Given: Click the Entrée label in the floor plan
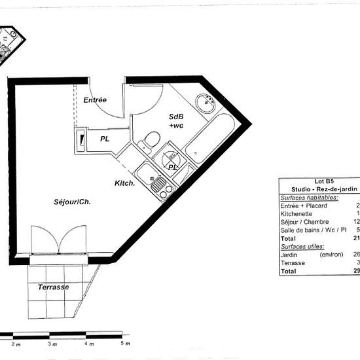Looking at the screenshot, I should (x=95, y=99).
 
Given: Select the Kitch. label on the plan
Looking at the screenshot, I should (x=125, y=183).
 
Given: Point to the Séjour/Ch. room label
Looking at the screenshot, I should (x=72, y=202).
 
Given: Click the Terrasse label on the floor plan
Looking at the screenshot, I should (x=54, y=288).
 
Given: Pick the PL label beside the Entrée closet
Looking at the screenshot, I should (x=105, y=139).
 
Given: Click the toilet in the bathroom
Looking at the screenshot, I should (x=151, y=139).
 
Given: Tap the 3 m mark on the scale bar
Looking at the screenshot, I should (x=52, y=343).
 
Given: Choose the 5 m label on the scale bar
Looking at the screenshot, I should (x=125, y=343).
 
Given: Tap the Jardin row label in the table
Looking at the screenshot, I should (x=291, y=255).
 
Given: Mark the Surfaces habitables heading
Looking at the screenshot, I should (x=310, y=198).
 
